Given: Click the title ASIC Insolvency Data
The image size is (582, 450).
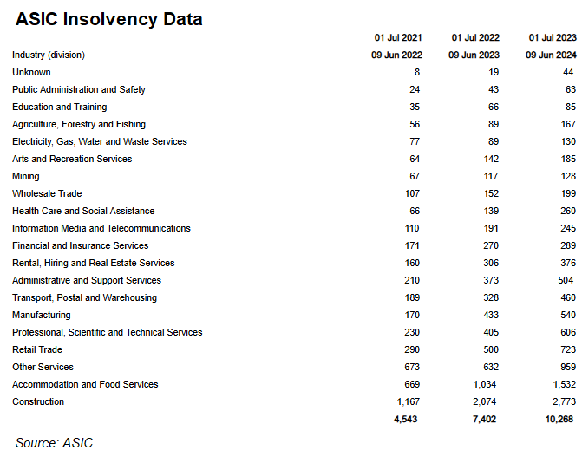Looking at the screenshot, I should [109, 18].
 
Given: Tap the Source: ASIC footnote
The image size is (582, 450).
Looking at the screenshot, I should [54, 442].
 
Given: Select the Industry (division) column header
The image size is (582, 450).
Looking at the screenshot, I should [49, 55].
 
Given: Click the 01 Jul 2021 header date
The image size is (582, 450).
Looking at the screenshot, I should [398, 38].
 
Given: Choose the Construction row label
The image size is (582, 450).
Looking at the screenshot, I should [38, 401].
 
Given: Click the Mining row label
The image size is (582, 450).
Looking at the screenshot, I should [26, 176].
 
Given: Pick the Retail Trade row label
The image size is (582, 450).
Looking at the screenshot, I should [37, 349].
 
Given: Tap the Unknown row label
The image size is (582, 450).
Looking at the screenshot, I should [31, 73].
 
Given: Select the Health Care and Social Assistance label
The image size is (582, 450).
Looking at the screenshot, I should [83, 211].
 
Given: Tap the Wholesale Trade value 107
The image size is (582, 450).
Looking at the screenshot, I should [411, 193].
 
